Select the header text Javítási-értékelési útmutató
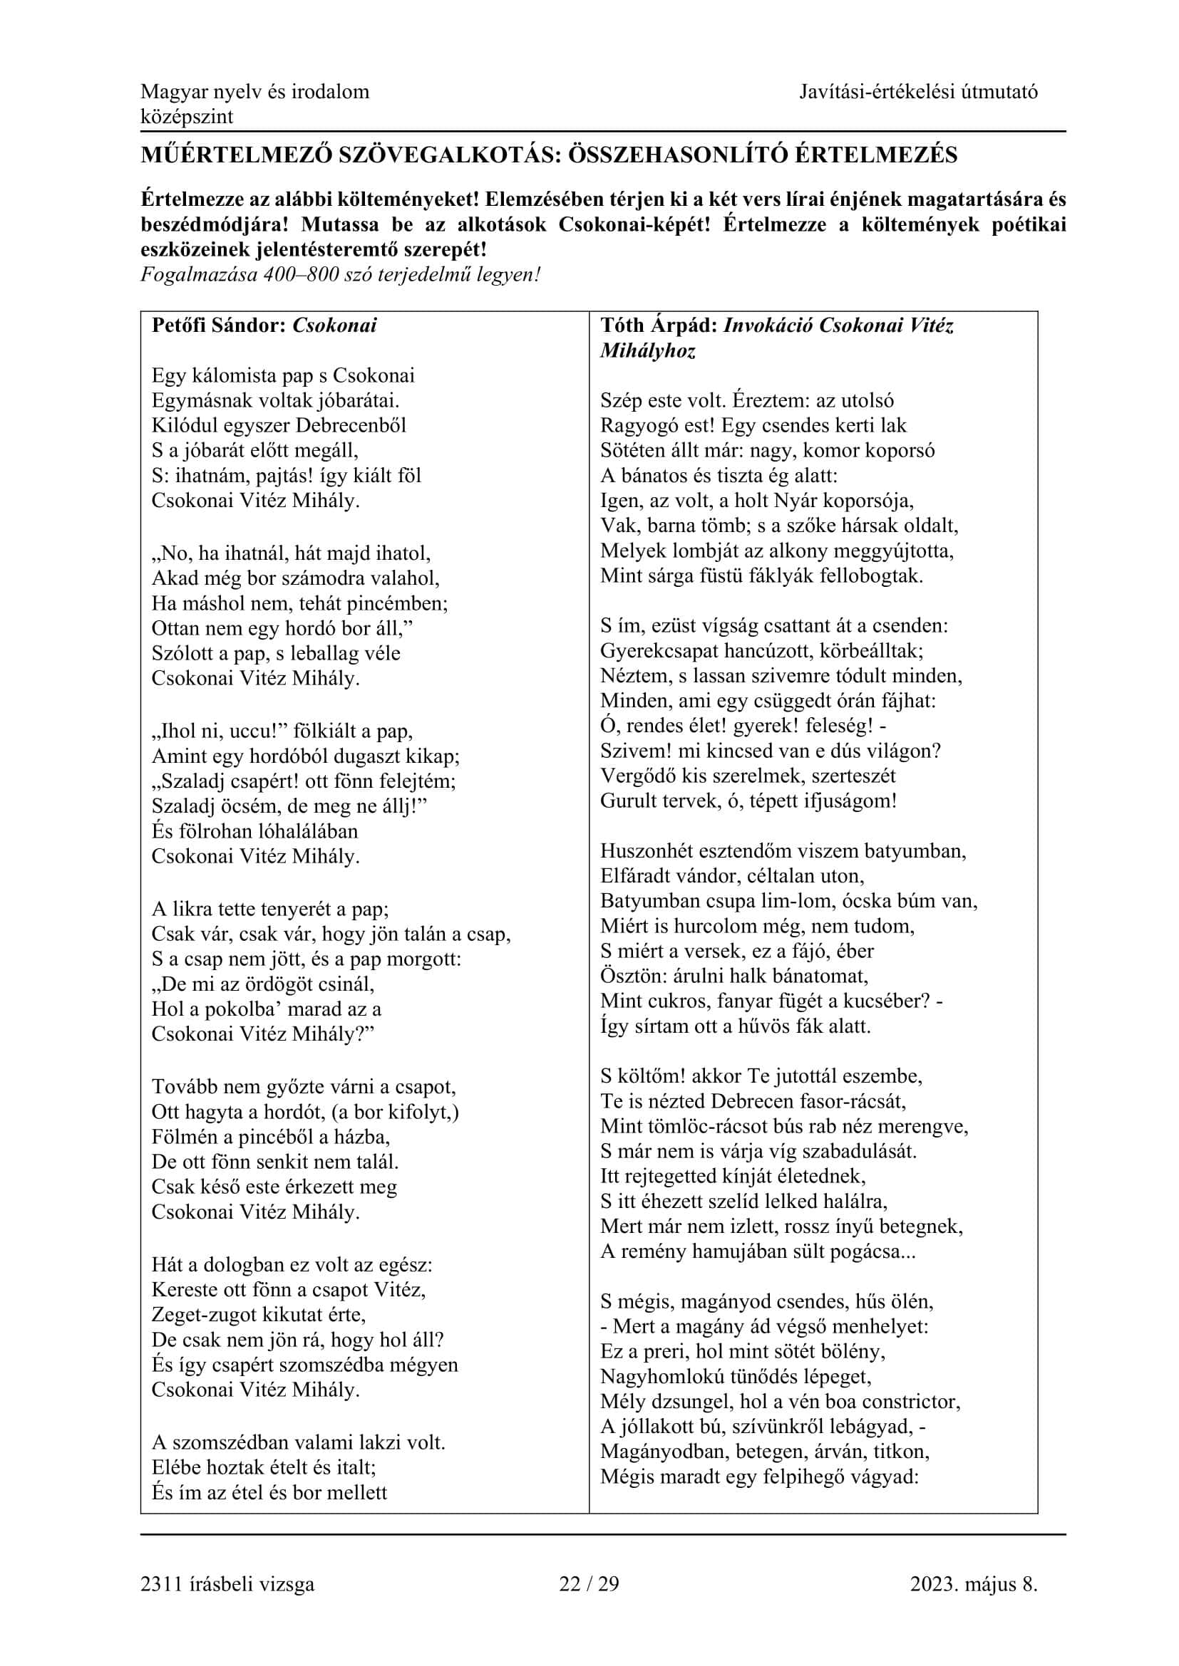pyautogui.click(x=918, y=91)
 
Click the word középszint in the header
pyautogui.click(x=187, y=117)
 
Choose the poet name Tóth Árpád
pyautogui.click(x=659, y=325)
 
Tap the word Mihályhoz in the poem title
pyautogui.click(x=647, y=350)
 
